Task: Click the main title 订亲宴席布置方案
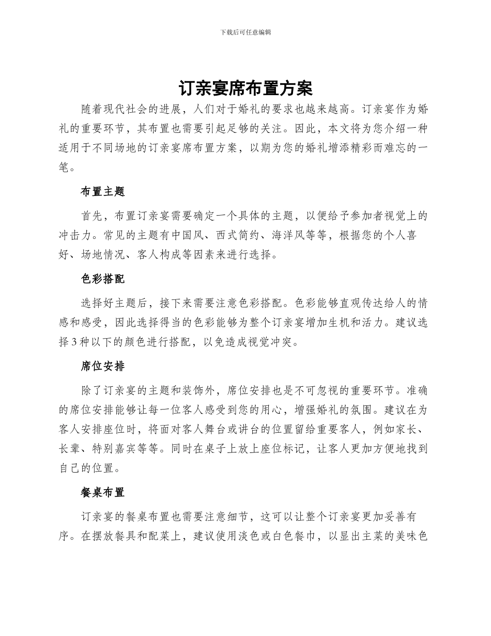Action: pos(245,88)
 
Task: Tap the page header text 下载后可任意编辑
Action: pos(245,32)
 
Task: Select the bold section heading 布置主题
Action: pos(103,191)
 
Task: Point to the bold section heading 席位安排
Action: pos(103,367)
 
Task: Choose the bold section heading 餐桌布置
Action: pos(103,492)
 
